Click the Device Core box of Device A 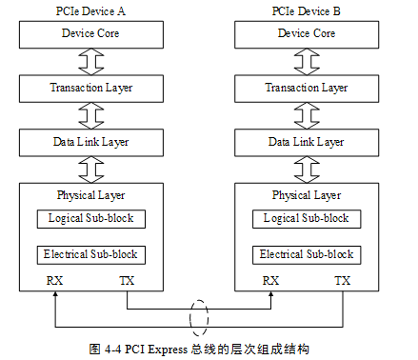pos(91,34)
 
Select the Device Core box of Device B pos(306,34)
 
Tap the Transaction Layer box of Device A pos(91,89)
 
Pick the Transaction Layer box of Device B pos(306,89)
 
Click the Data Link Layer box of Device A pos(91,142)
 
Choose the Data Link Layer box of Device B pos(306,142)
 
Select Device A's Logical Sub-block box pos(91,219)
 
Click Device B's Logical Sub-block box pos(307,219)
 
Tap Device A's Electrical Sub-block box pos(91,255)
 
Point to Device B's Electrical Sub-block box pos(307,255)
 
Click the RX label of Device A pos(55,281)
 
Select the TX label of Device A pos(128,281)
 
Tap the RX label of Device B pos(270,281)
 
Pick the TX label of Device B pos(343,281)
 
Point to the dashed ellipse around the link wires pos(200,316)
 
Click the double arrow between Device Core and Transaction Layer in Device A pos(91,62)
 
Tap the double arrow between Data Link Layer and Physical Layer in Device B pos(306,170)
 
